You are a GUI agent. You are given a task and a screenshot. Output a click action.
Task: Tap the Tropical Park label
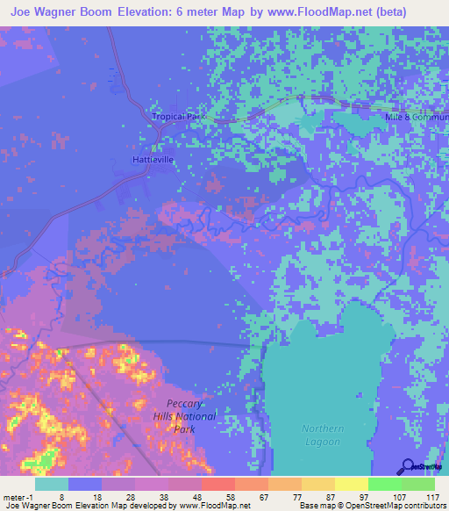point(177,117)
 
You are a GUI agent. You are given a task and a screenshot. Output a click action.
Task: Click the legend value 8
point(61,496)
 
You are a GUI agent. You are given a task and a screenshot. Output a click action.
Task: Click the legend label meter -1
point(18,496)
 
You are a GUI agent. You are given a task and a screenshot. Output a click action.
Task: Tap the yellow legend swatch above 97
point(351,484)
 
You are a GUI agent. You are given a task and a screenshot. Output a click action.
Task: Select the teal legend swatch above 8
point(52,484)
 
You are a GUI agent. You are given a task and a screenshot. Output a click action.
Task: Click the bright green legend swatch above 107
point(384,484)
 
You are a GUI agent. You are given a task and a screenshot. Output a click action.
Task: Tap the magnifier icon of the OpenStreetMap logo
point(408,466)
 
